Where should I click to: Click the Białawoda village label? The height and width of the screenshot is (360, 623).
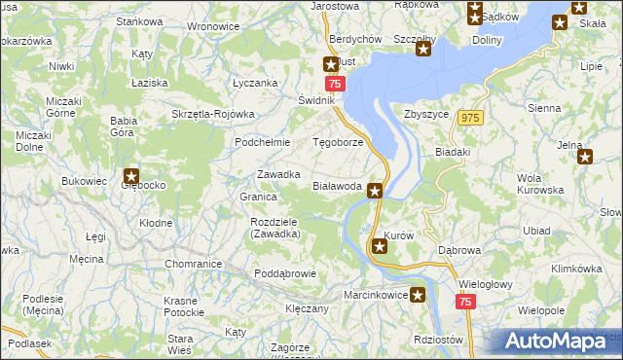tap(337, 186)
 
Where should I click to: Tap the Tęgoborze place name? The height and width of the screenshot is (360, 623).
tap(337, 142)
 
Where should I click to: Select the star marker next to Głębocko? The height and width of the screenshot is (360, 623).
tap(131, 176)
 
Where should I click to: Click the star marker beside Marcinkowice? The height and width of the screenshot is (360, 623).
tap(418, 295)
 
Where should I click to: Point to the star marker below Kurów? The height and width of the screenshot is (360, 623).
tap(380, 248)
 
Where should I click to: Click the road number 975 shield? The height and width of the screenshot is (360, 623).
tap(471, 118)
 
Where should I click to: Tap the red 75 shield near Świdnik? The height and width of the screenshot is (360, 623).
tap(333, 86)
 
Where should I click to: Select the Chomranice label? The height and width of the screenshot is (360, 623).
tap(194, 264)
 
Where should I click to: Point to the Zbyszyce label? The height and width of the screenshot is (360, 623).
tap(425, 114)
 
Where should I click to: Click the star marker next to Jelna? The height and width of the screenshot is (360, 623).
tap(585, 157)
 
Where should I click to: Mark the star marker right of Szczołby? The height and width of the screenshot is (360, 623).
tap(422, 49)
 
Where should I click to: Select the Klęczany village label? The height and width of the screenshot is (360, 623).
tap(307, 308)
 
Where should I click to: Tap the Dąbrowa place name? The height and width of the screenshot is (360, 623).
tap(459, 250)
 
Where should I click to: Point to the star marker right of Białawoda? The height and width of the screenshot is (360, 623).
tap(375, 192)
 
